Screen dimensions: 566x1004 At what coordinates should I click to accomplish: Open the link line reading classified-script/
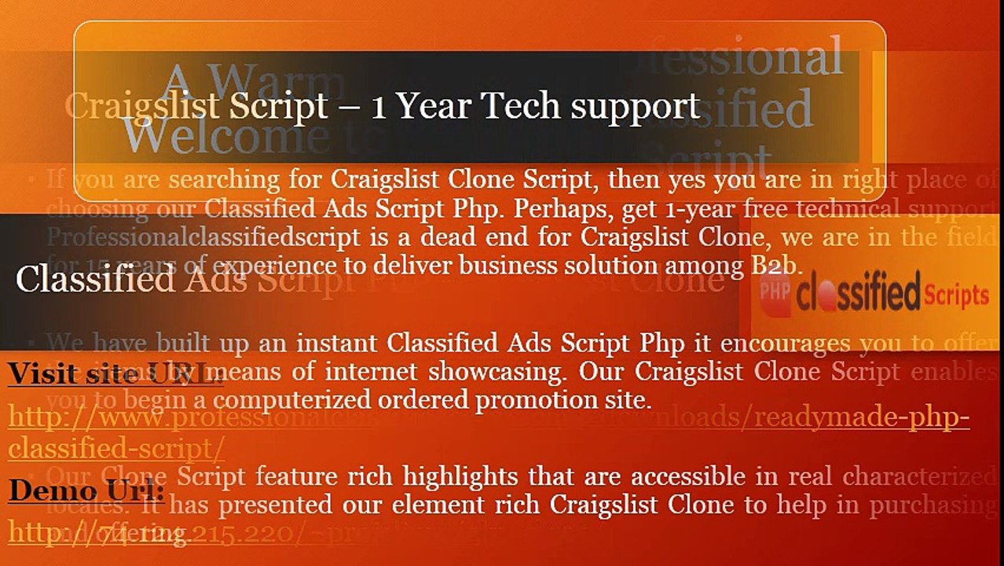pyautogui.click(x=116, y=448)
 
